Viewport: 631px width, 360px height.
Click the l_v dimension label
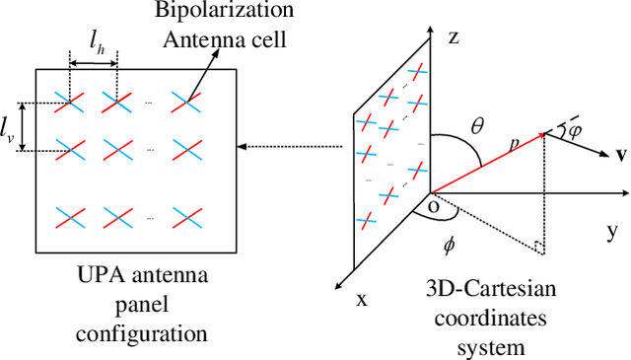(9, 127)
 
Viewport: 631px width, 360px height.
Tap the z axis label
(453, 38)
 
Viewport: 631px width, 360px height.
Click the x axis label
(361, 300)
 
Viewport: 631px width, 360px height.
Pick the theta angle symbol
(477, 125)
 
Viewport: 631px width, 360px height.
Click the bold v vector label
(621, 155)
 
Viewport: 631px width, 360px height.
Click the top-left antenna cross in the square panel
(69, 103)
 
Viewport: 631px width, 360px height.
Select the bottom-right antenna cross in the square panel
(185, 215)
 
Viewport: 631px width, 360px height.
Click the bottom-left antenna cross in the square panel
(69, 215)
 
